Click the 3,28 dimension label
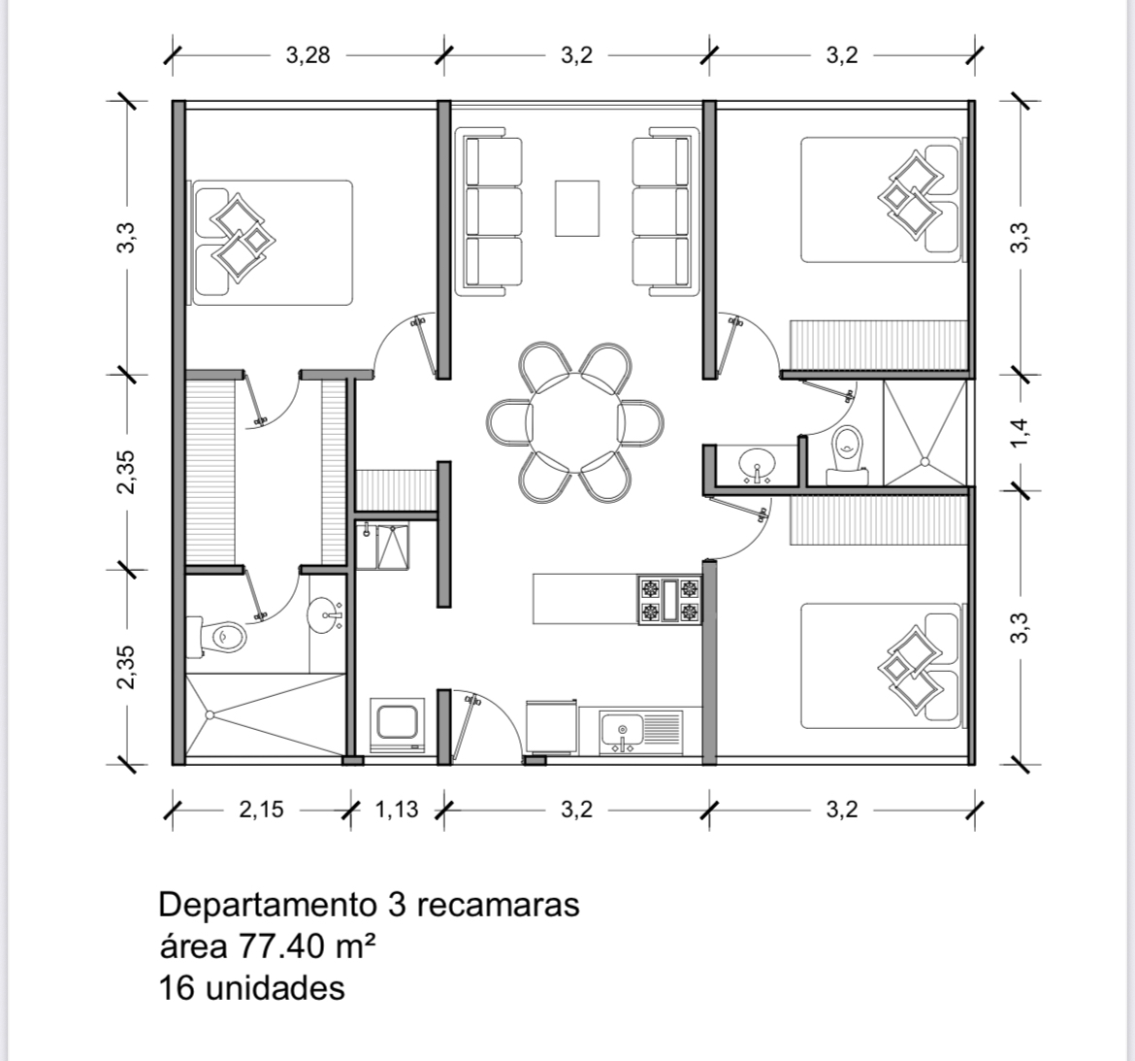point(308,55)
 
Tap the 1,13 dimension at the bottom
point(397,809)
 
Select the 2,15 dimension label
point(261,809)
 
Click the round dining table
point(575,422)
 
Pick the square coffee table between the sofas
point(577,208)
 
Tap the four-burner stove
point(669,599)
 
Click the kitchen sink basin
point(622,729)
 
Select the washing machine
point(397,725)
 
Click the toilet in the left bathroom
point(217,637)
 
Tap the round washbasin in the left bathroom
point(325,615)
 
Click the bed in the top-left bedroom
point(270,243)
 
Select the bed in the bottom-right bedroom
point(883,666)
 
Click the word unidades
point(276,988)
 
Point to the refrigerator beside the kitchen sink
point(551,726)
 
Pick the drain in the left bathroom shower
point(210,715)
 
